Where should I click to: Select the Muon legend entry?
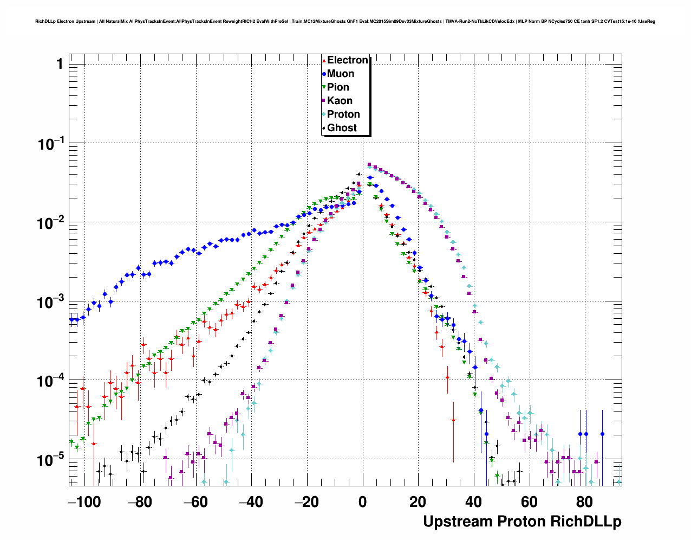[x=340, y=74]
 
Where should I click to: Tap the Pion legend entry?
[x=338, y=87]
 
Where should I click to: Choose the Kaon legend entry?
[x=340, y=101]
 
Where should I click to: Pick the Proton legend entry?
[x=343, y=114]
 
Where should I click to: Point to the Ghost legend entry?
[x=342, y=128]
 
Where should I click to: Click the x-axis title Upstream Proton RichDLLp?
[x=522, y=522]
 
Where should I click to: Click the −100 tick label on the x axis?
[x=84, y=502]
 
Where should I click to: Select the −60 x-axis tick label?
[x=195, y=502]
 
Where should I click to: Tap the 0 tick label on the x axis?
[x=362, y=502]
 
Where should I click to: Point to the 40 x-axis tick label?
[x=473, y=502]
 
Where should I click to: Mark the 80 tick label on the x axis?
[x=584, y=502]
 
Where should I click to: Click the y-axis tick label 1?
[x=60, y=65]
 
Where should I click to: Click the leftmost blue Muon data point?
[x=71, y=319]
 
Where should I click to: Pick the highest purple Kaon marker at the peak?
[x=369, y=165]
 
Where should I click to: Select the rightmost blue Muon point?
[x=602, y=434]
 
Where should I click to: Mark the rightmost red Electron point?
[x=453, y=420]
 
